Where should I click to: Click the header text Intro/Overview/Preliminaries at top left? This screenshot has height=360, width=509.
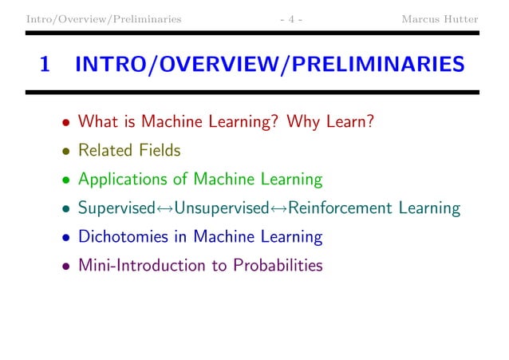(x=103, y=17)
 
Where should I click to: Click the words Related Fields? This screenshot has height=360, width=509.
(x=129, y=151)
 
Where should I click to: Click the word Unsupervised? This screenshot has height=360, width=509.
(x=221, y=209)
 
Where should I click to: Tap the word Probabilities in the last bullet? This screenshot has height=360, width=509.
(x=278, y=266)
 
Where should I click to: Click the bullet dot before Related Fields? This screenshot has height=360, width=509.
(x=67, y=152)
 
